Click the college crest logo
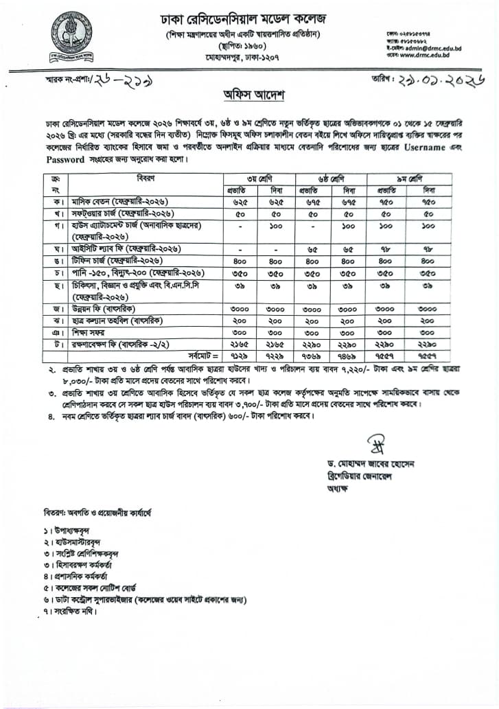pos(71,36)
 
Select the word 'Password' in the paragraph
pos(66,159)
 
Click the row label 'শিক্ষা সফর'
pos(90,331)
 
